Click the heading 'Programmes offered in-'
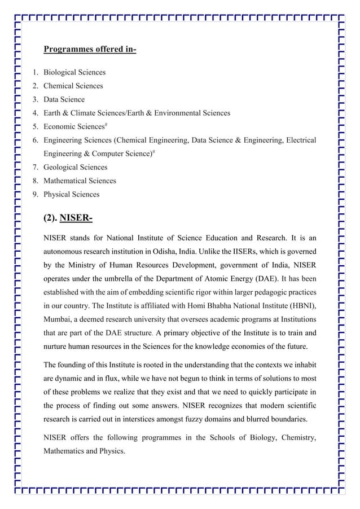pos(90,50)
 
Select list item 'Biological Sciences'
pos(74,72)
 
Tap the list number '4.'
pos(35,113)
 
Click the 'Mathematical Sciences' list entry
pos(80,181)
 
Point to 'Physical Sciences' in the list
pos(71,194)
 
